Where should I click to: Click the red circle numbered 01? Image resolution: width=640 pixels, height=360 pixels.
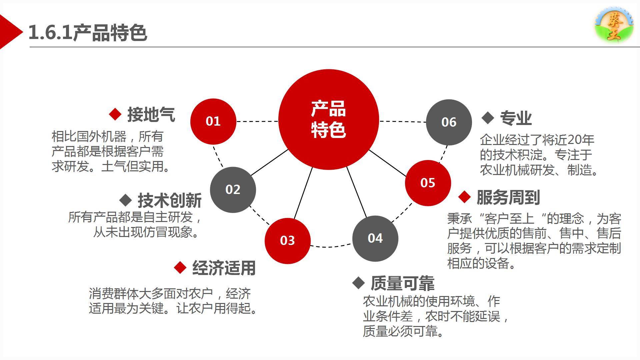point(213,121)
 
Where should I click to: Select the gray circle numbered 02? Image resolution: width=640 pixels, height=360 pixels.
point(233,190)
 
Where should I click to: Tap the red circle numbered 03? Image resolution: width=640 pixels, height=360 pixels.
point(288,241)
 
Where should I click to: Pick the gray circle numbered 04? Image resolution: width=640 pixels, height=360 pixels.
point(375,238)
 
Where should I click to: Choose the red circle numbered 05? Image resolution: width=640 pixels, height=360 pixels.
point(428,183)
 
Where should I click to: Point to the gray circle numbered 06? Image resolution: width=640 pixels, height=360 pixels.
point(449,122)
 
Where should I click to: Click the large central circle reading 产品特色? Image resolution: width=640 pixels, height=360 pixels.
point(329,119)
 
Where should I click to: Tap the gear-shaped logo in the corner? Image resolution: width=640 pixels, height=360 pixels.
point(614,25)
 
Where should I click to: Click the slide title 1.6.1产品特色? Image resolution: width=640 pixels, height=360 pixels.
point(88,33)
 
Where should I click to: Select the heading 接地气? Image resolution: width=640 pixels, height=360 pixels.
point(151,114)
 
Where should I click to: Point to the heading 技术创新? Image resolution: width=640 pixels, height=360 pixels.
point(170,200)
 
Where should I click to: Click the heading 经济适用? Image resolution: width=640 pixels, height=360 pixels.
point(224,268)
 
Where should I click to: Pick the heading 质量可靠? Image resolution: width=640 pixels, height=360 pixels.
point(403,283)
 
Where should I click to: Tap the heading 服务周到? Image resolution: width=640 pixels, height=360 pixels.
point(508,197)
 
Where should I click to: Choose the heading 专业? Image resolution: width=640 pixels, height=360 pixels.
point(516,118)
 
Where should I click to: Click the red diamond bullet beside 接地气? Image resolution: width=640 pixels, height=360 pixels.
point(115,114)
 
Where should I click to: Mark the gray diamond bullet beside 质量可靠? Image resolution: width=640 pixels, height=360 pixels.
point(359,283)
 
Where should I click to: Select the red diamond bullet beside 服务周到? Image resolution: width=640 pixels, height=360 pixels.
point(465,197)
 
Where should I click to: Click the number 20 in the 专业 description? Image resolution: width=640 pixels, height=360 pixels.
point(573,140)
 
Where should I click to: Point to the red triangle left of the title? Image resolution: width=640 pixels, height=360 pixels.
point(10,32)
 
